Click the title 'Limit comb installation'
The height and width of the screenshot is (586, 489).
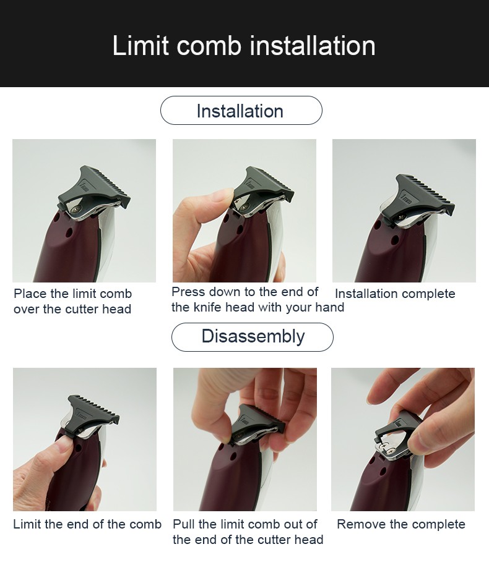click(244, 46)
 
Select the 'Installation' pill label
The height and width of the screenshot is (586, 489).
click(240, 111)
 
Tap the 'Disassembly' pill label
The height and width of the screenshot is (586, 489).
click(253, 337)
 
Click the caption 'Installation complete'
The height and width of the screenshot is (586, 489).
click(395, 294)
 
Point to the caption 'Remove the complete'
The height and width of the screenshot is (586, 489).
click(400, 524)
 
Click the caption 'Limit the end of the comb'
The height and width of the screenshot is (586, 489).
click(87, 524)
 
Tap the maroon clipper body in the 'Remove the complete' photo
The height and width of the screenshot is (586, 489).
click(371, 488)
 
